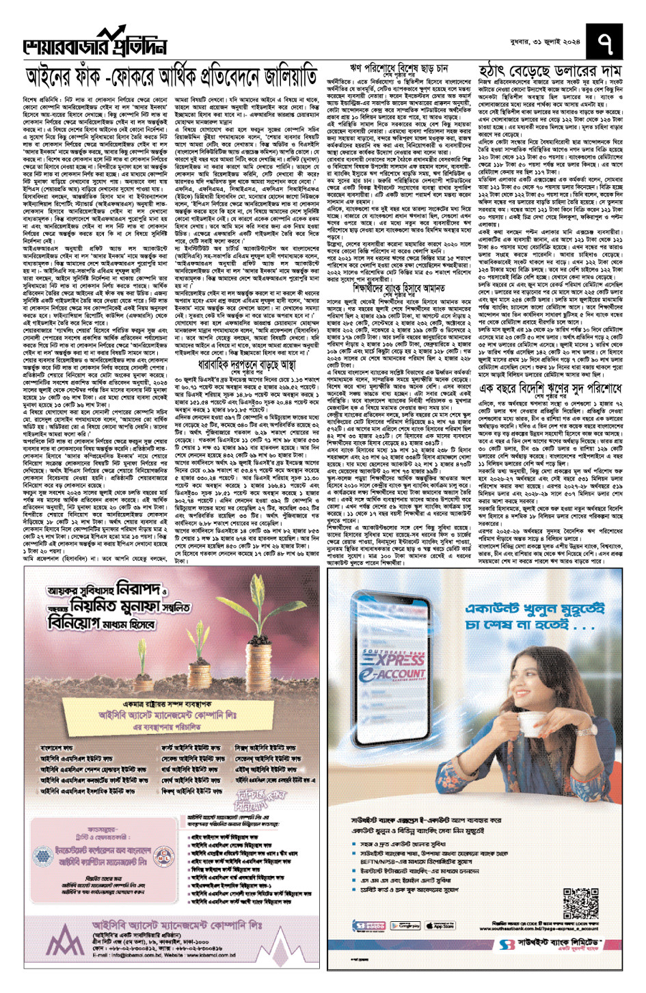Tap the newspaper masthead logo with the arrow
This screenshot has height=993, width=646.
pyautogui.click(x=96, y=43)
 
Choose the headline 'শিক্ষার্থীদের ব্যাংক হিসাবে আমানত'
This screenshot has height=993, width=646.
pyautogui.click(x=395, y=289)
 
